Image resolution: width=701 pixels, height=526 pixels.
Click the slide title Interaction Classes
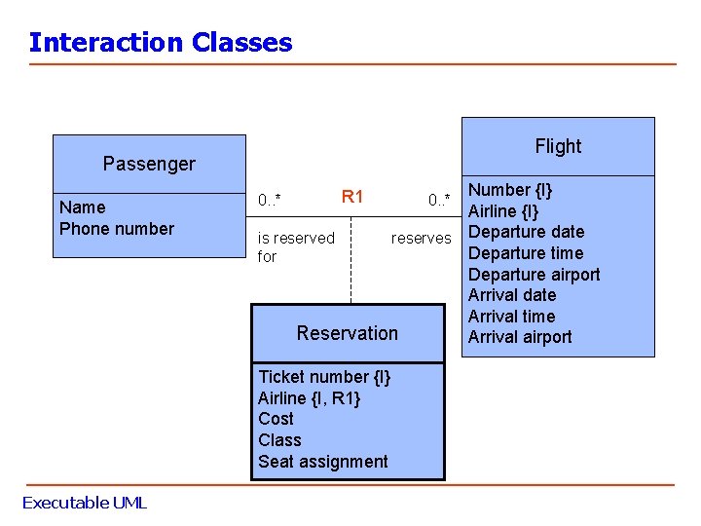click(x=161, y=43)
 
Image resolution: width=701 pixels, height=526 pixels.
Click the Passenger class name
click(x=149, y=164)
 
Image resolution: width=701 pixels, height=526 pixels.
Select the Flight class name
click(x=558, y=146)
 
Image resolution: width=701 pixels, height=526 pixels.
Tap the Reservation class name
click(x=348, y=333)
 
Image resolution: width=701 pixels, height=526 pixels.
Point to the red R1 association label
click(x=352, y=197)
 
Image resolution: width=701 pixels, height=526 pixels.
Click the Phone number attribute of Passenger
click(x=117, y=229)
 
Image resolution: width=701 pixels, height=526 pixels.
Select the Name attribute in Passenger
click(x=83, y=207)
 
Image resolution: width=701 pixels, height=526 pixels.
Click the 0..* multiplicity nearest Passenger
click(x=270, y=201)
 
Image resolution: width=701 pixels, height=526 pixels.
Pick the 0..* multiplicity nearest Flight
click(x=440, y=201)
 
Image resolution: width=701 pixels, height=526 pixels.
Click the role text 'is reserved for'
click(x=295, y=247)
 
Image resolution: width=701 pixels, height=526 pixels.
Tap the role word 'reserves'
click(x=422, y=238)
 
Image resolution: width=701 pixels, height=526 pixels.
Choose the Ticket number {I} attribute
click(x=324, y=377)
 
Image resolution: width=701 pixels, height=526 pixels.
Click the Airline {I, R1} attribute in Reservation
click(x=309, y=397)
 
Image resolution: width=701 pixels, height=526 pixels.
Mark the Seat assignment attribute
click(x=323, y=462)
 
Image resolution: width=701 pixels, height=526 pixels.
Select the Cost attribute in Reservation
click(x=276, y=419)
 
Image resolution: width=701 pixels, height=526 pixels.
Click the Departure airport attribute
click(x=535, y=275)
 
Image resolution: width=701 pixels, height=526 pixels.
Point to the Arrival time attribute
click(x=511, y=317)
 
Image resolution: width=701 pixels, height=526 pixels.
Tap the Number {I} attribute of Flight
click(x=510, y=190)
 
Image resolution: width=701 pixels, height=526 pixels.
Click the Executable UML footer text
click(x=85, y=503)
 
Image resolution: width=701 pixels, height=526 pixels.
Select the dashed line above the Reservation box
click(x=350, y=278)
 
